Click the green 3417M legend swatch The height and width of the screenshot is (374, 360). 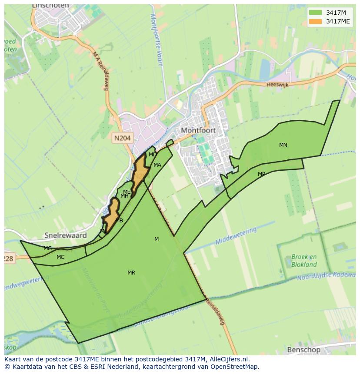(316, 13)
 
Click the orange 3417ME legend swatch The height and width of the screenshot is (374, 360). (316, 21)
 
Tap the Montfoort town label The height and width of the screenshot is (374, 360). (198, 130)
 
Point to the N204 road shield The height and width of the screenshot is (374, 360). (122, 138)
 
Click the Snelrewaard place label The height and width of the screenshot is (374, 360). (65, 235)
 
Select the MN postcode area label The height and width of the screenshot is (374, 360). (283, 145)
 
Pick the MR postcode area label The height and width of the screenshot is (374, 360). (131, 273)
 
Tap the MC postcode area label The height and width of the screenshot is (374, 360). (60, 257)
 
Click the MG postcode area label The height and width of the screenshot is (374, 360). (48, 248)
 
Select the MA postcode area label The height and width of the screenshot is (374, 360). (157, 165)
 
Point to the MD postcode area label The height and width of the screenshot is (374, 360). (153, 155)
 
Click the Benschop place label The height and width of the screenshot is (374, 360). (303, 350)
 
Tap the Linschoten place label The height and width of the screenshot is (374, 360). (50, 6)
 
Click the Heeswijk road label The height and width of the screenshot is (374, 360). (277, 84)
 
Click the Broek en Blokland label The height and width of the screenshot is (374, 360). (304, 260)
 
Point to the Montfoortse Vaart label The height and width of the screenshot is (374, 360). (156, 39)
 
